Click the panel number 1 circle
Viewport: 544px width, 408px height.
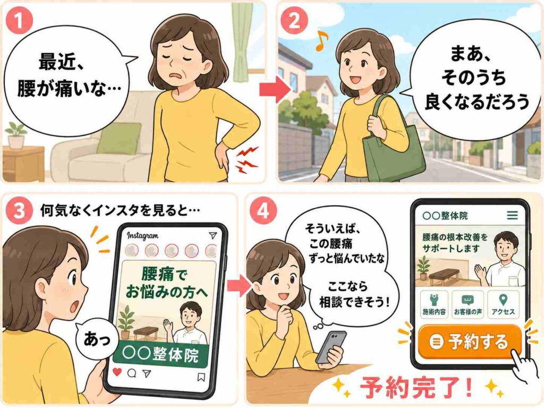click(20, 20)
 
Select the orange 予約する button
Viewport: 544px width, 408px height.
click(470, 342)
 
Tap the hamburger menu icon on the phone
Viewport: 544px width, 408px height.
click(513, 216)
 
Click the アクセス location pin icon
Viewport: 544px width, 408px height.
click(503, 300)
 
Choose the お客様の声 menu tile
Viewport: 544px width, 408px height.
click(467, 304)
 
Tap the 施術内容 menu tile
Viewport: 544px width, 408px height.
click(434, 304)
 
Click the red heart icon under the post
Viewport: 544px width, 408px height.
click(117, 372)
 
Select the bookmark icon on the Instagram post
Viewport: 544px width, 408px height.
click(201, 377)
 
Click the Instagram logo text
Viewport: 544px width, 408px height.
click(142, 236)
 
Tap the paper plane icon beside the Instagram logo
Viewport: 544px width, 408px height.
click(212, 235)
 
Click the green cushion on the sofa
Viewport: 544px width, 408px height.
click(118, 138)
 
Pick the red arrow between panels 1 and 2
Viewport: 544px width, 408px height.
click(275, 90)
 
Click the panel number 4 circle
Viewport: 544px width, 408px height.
click(263, 210)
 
